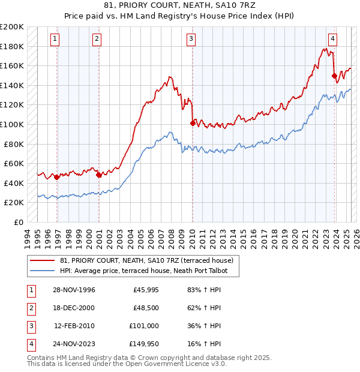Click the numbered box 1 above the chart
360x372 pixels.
pos(55,39)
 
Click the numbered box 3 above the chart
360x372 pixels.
pos(191,39)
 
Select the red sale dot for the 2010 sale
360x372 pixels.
pos(193,123)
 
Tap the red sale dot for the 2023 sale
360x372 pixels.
pos(334,76)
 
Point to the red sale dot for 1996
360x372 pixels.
pos(57,177)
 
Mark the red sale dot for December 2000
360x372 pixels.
pos(99,175)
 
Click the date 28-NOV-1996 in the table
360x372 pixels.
pos(74,290)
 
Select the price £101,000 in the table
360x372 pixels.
pos(144,326)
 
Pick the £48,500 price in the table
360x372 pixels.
pos(146,308)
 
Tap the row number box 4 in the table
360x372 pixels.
pos(30,344)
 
